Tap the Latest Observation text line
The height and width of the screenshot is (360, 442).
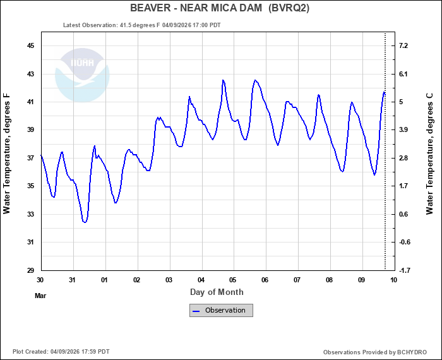(x=142, y=25)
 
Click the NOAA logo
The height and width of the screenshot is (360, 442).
(x=82, y=75)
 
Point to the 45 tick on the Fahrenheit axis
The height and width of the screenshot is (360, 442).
(x=30, y=46)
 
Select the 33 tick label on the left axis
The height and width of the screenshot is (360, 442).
(x=30, y=214)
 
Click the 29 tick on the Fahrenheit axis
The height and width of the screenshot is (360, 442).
(x=30, y=270)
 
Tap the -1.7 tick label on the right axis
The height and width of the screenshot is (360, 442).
(x=404, y=270)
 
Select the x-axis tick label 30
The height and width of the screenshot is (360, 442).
(x=40, y=280)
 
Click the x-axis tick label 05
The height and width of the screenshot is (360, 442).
(x=233, y=280)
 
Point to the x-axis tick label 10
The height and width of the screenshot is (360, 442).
(x=393, y=280)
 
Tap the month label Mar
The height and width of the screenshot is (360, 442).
(x=40, y=295)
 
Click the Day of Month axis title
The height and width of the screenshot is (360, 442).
(x=217, y=292)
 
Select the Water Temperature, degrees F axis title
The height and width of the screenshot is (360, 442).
(x=8, y=153)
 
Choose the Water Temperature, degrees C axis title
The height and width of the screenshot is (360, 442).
(x=429, y=153)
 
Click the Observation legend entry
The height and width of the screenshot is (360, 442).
(x=221, y=310)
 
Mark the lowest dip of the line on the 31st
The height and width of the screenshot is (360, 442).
(x=85, y=222)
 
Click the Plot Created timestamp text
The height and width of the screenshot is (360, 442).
(x=61, y=352)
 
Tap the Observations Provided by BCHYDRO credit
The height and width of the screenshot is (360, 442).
(x=374, y=352)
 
